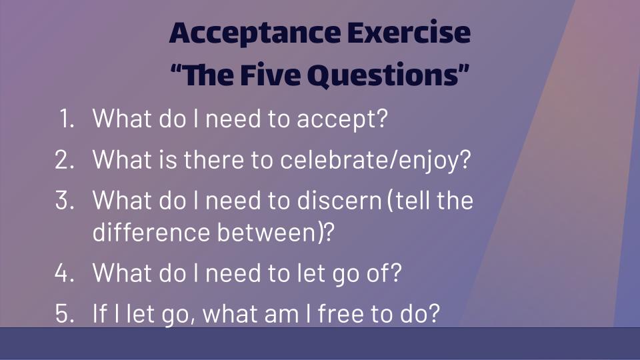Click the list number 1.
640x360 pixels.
point(67,119)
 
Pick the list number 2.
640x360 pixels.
point(65,159)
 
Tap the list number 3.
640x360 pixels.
point(65,200)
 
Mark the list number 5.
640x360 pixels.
point(65,313)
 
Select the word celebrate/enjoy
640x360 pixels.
point(375,160)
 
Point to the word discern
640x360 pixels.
point(339,200)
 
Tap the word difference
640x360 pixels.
point(151,232)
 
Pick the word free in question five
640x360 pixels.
point(341,313)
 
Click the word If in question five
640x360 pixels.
point(100,313)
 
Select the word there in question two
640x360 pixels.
point(213,159)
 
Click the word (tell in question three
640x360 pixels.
point(408,201)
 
